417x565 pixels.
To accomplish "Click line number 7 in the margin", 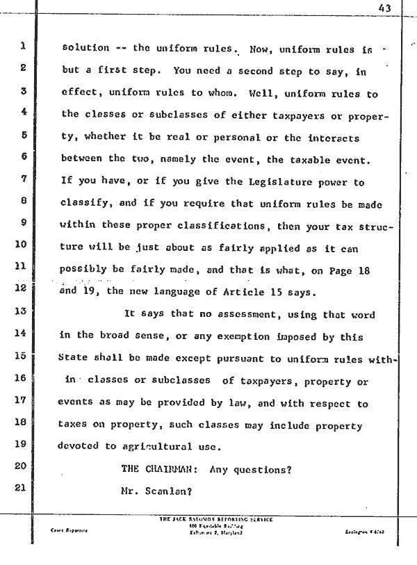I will pyautogui.click(x=23, y=177).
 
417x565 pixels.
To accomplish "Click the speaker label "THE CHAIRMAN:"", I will pyautogui.click(x=161, y=469).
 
